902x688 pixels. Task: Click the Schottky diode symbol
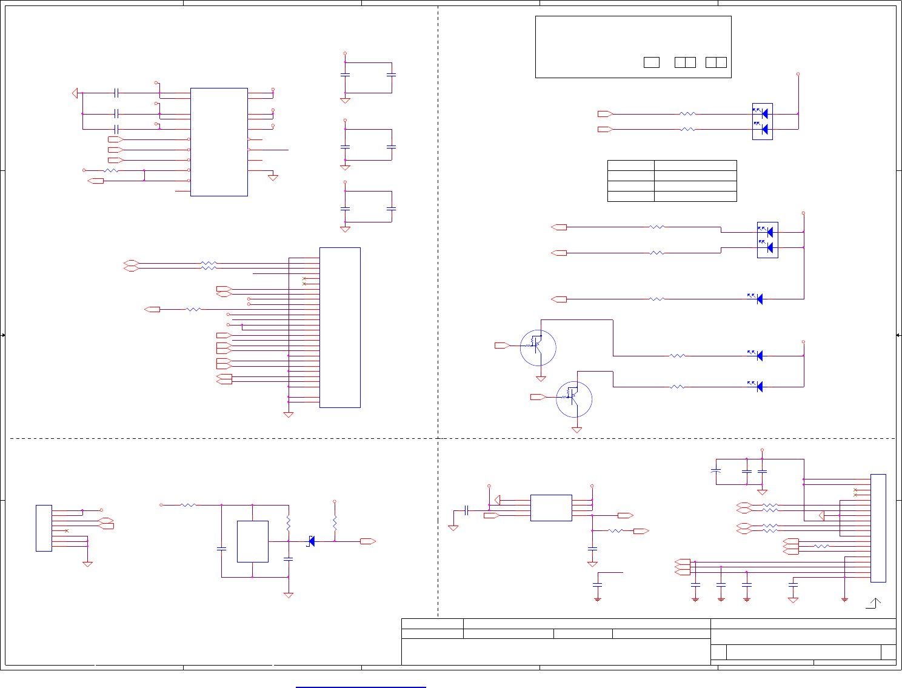coord(312,541)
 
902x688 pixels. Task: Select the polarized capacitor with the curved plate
coord(716,470)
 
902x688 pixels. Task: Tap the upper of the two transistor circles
coord(538,347)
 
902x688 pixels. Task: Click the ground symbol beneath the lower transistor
coord(576,430)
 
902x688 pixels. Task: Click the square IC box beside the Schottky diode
coord(252,541)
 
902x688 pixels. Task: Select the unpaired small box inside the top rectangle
coord(651,62)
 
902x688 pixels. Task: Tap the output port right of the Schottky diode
coord(367,541)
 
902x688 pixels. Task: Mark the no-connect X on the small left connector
coord(67,531)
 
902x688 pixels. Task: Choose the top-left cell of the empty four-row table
coord(630,165)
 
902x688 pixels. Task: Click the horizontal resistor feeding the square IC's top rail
coord(189,505)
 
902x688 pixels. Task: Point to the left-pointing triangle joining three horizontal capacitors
coord(75,93)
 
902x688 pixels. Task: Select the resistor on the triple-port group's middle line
coord(821,546)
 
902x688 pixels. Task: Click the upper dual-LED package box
coord(762,121)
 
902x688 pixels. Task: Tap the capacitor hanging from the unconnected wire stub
coord(597,584)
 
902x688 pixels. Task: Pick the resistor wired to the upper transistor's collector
coord(677,356)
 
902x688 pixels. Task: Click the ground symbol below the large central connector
coord(289,415)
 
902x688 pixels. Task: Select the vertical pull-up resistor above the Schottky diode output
coord(335,523)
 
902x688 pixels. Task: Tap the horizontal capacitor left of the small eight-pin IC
coord(466,510)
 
